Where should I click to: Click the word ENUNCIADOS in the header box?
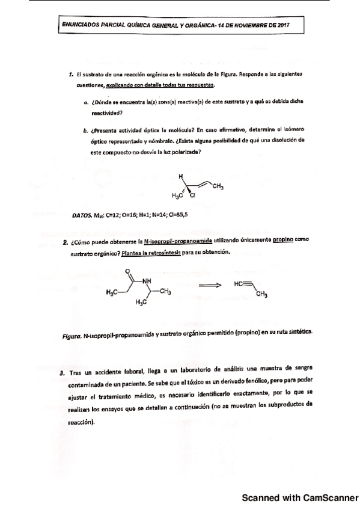[x=84, y=26]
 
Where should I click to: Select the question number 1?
[x=71, y=75]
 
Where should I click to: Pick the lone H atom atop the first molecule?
[x=180, y=176]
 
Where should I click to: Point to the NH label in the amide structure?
[x=147, y=281]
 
